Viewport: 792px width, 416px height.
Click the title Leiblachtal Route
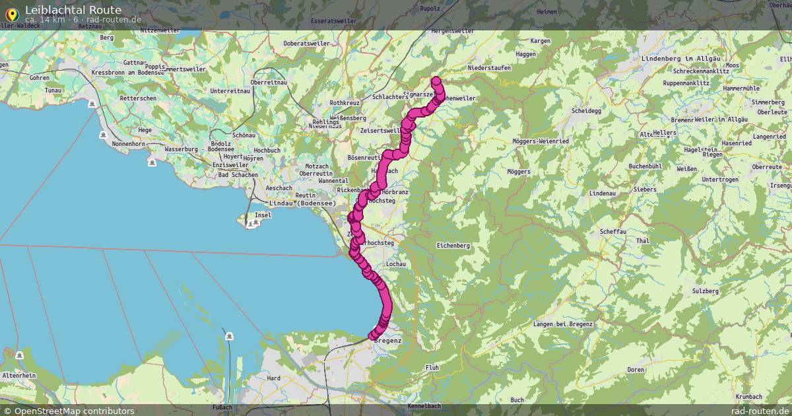73,10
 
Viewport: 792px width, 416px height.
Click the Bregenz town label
391,340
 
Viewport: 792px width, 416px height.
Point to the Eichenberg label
453,246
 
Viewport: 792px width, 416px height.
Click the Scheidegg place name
585,111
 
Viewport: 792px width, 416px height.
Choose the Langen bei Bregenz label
563,324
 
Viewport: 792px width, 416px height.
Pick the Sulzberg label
705,291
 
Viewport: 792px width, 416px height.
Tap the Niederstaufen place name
489,68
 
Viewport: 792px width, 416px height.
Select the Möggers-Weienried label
540,141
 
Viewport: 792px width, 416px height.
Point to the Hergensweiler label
452,31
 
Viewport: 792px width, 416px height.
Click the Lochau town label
395,264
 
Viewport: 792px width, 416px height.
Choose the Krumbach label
748,396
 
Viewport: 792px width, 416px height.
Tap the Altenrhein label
18,375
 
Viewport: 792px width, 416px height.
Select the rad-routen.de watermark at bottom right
760,411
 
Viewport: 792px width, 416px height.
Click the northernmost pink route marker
436,81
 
